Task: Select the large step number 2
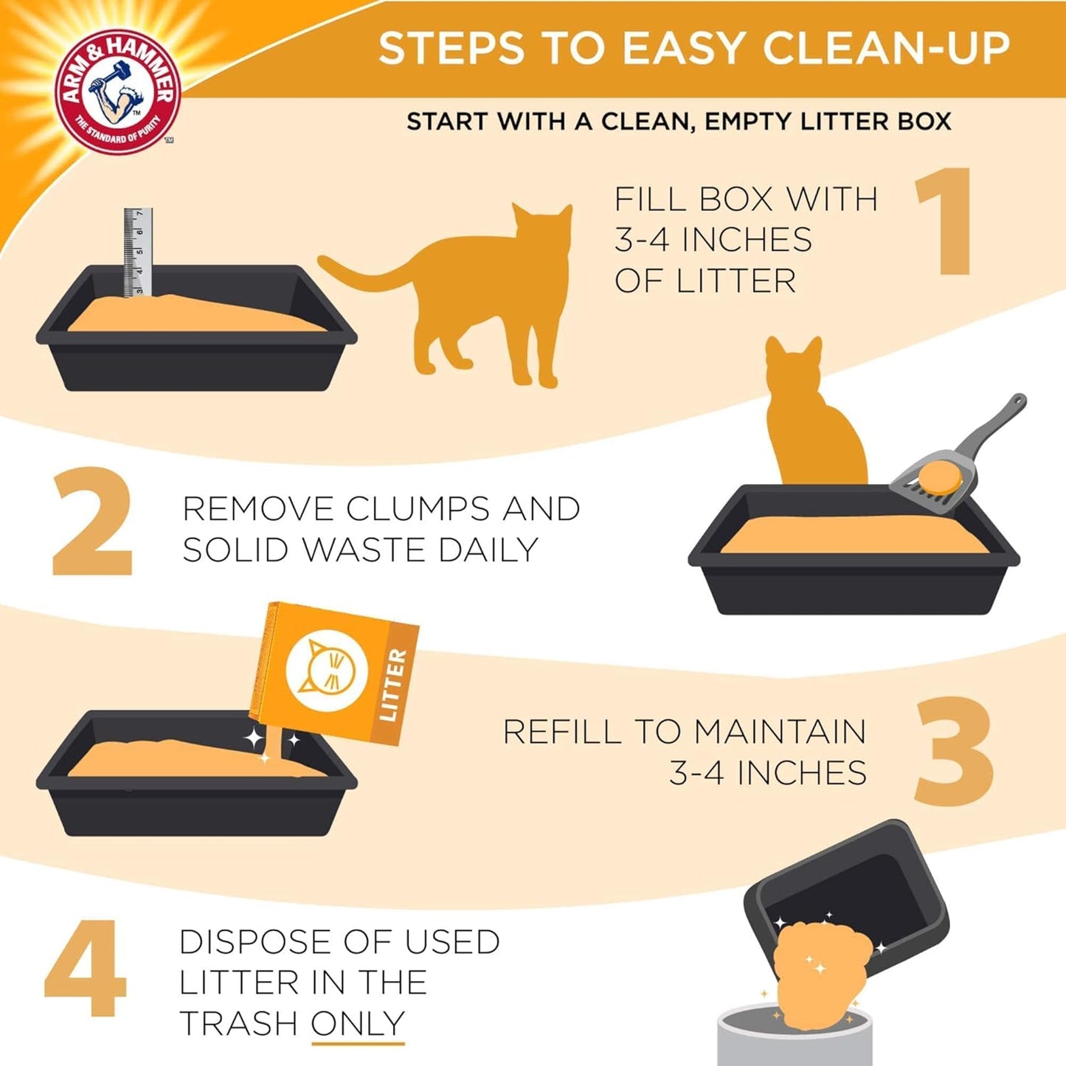click(92, 522)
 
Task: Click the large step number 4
click(85, 968)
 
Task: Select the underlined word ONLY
click(358, 1023)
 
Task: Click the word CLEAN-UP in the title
click(885, 49)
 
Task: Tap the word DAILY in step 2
click(488, 550)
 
